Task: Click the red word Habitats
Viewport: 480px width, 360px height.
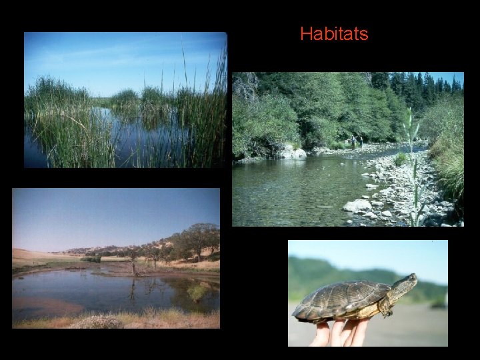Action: (x=334, y=34)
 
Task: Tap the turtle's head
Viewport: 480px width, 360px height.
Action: (x=404, y=285)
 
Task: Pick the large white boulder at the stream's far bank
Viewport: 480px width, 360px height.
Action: (x=293, y=152)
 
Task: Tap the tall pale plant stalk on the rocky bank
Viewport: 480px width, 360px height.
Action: (x=412, y=167)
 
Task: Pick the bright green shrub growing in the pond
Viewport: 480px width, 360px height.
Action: (x=197, y=292)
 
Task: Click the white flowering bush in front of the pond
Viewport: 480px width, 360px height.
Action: (x=97, y=322)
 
